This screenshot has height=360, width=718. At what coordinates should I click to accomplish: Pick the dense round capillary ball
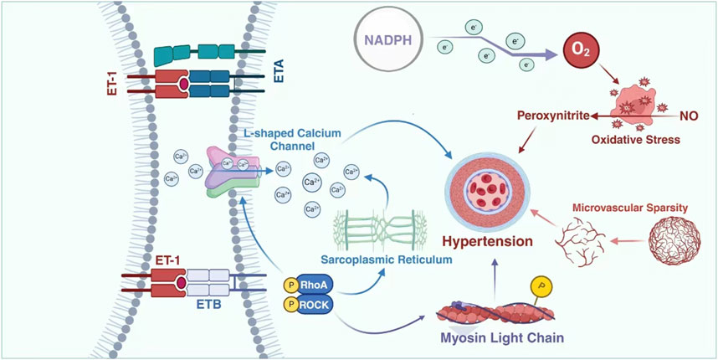coord(673,242)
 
